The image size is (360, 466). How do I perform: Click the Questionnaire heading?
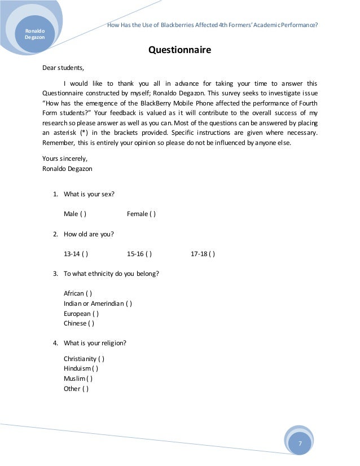(x=179, y=50)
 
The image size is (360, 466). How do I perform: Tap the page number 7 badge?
(x=300, y=443)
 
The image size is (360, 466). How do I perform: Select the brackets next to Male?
(x=84, y=214)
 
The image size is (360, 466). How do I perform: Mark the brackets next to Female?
(x=153, y=214)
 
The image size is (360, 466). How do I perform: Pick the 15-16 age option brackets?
(x=149, y=254)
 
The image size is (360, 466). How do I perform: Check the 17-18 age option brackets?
(x=212, y=254)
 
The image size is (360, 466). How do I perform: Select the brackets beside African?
(x=89, y=293)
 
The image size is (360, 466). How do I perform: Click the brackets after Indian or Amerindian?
(x=129, y=304)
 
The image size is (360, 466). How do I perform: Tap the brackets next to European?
(x=96, y=314)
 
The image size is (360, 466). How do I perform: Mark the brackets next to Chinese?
(x=91, y=324)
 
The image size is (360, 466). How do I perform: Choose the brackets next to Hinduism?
(x=95, y=368)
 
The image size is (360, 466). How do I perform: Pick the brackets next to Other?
(x=86, y=389)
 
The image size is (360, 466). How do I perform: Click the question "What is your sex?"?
(x=89, y=194)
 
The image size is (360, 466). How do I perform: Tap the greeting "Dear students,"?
(x=63, y=69)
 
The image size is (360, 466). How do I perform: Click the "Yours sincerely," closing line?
(x=65, y=159)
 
